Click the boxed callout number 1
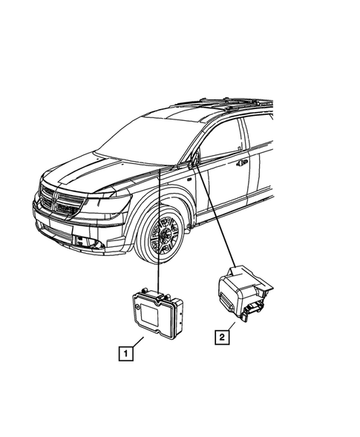(128, 353)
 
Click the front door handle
(243, 162)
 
